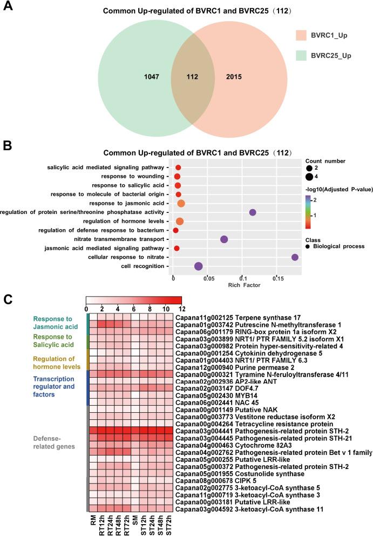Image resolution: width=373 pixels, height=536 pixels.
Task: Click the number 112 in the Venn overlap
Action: coord(185,77)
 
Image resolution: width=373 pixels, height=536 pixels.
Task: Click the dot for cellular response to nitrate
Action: coord(295,257)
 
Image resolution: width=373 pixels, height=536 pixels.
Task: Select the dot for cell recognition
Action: coord(198,266)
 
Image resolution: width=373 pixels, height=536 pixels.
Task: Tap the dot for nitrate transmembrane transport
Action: coord(224,239)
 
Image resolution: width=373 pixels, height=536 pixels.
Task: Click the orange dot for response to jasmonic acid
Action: coord(181,203)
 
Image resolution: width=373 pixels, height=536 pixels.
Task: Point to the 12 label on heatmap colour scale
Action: coord(181,308)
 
